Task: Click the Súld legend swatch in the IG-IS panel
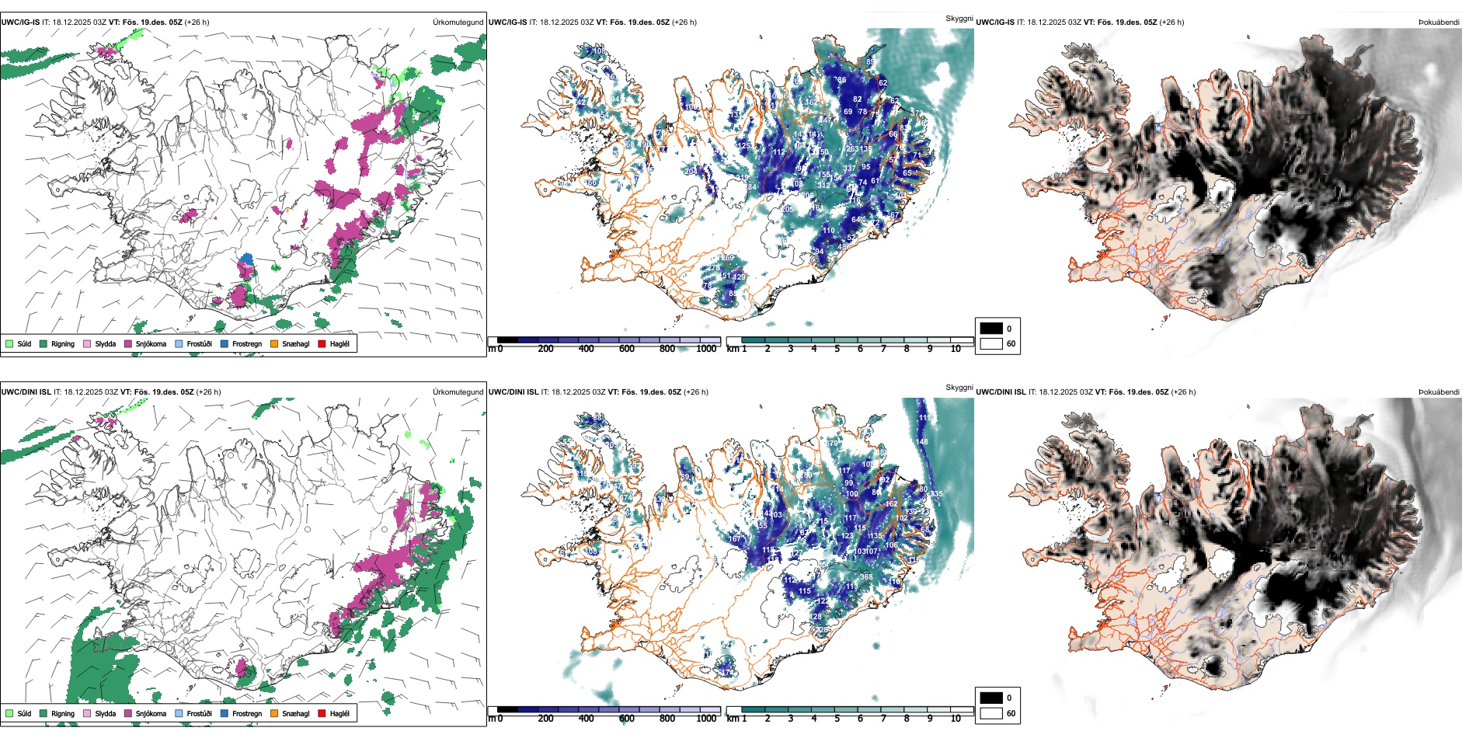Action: pyautogui.click(x=9, y=343)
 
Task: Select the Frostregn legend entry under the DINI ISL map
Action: pyautogui.click(x=225, y=713)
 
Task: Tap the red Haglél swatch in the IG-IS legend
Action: pyautogui.click(x=322, y=343)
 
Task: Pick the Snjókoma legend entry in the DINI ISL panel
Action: pyautogui.click(x=128, y=713)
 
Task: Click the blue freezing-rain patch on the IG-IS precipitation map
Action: pyautogui.click(x=247, y=259)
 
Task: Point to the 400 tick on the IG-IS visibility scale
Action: pyautogui.click(x=587, y=349)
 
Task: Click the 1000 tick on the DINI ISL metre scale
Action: pyautogui.click(x=706, y=719)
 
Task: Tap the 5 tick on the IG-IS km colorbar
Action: pyautogui.click(x=837, y=349)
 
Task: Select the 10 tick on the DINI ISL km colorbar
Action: pyautogui.click(x=956, y=719)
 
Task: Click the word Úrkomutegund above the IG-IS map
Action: pyautogui.click(x=458, y=23)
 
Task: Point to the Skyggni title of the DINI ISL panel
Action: pyautogui.click(x=959, y=388)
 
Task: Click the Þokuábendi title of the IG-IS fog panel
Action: pyautogui.click(x=1439, y=23)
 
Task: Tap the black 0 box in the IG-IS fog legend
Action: pyautogui.click(x=991, y=329)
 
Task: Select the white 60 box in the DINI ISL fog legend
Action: pyautogui.click(x=991, y=713)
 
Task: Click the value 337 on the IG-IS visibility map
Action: pyautogui.click(x=849, y=168)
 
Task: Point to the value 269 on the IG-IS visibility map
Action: pyautogui.click(x=727, y=258)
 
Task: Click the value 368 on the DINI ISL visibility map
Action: pyautogui.click(x=866, y=577)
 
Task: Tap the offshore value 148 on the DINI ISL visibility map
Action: pyautogui.click(x=921, y=442)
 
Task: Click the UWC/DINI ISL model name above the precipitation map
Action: pyautogui.click(x=26, y=392)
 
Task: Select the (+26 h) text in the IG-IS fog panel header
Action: pyautogui.click(x=1171, y=23)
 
